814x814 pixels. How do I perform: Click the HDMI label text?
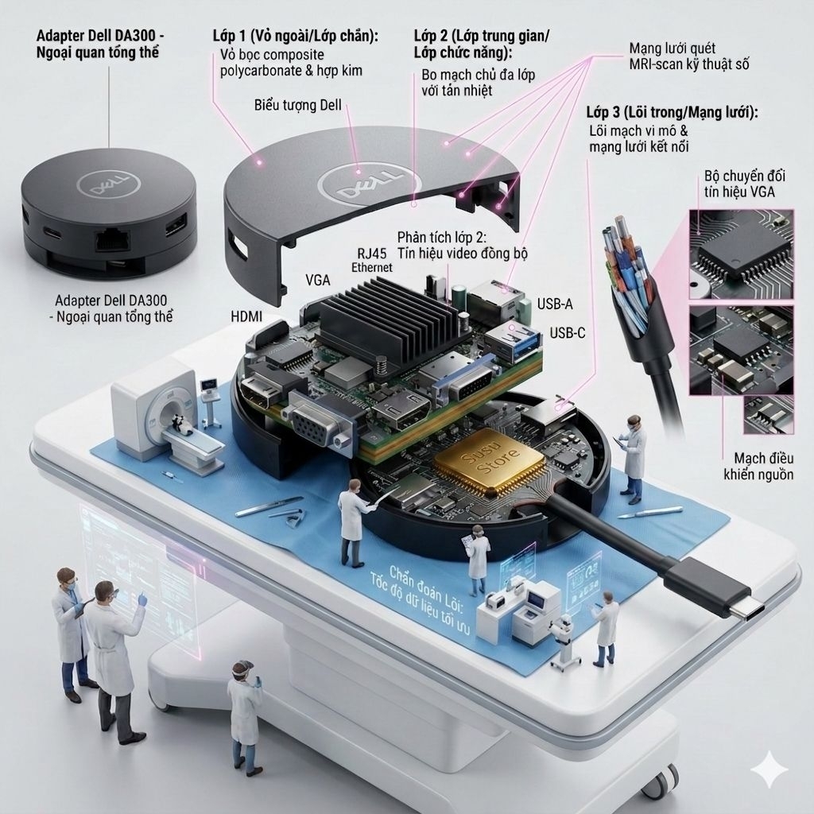pyautogui.click(x=246, y=316)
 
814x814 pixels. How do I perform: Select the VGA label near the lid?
pyautogui.click(x=318, y=281)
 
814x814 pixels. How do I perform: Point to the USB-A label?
pyautogui.click(x=555, y=304)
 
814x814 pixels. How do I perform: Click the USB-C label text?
pyautogui.click(x=568, y=333)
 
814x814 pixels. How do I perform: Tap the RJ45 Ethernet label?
pyautogui.click(x=372, y=260)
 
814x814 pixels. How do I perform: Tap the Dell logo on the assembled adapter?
pyautogui.click(x=108, y=184)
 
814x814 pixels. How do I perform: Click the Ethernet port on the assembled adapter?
pyautogui.click(x=113, y=239)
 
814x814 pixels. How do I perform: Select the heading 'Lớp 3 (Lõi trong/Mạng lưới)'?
pyautogui.click(x=672, y=112)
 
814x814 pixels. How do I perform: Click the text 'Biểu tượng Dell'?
pyautogui.click(x=298, y=106)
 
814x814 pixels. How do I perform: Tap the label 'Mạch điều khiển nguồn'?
pyautogui.click(x=758, y=466)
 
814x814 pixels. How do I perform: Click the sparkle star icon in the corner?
pyautogui.click(x=770, y=770)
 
